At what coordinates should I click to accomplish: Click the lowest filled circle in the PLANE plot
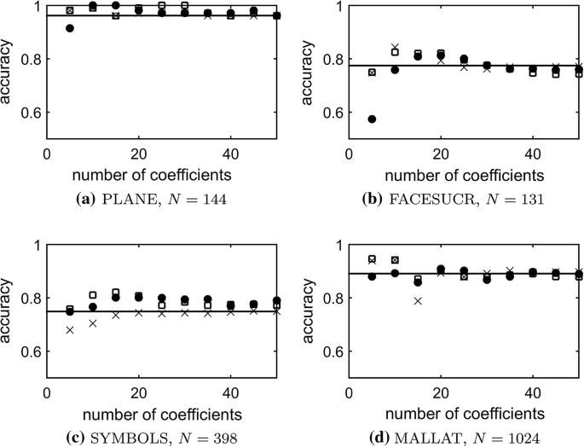click(x=70, y=28)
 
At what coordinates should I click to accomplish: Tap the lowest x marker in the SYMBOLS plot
click(x=70, y=329)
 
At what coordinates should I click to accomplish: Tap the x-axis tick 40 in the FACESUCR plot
click(x=532, y=155)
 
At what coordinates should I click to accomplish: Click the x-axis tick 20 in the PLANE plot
click(x=139, y=155)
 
